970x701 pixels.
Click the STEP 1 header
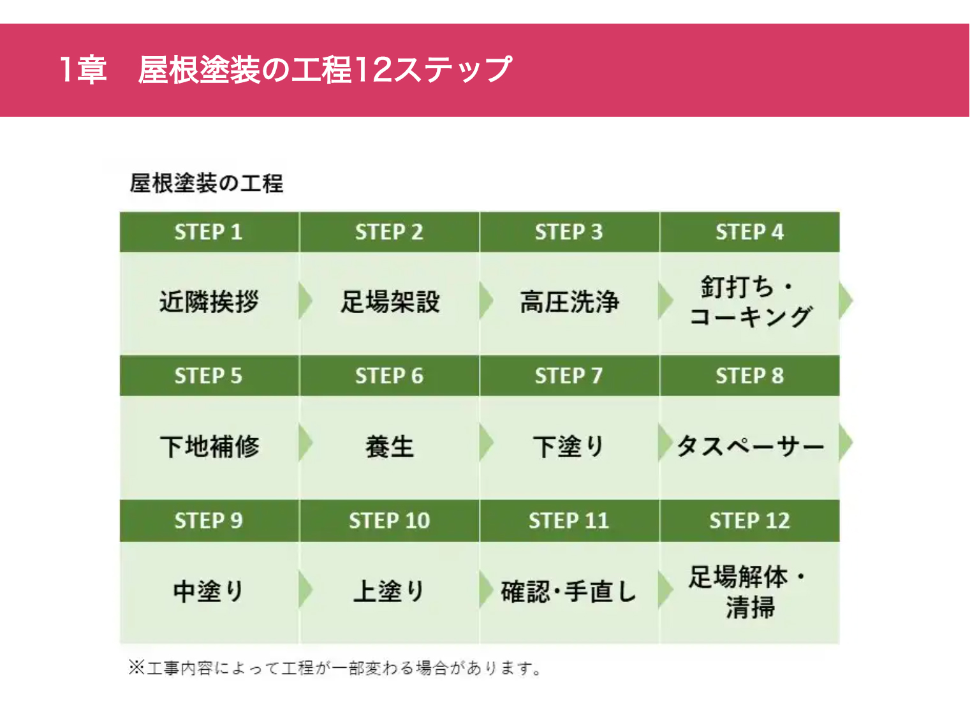(209, 232)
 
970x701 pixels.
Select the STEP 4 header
(749, 232)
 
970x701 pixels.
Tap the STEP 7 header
(569, 376)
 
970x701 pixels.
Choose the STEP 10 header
(389, 520)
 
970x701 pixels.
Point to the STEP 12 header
(749, 520)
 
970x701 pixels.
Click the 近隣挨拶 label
(209, 301)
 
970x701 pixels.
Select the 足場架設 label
(390, 301)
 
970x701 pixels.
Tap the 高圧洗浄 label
(570, 301)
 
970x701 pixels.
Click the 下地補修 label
(210, 446)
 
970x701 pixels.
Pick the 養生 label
(390, 446)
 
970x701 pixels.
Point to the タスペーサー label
(750, 446)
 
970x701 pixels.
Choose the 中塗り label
(209, 591)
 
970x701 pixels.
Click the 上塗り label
(388, 591)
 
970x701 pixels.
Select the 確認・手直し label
(569, 591)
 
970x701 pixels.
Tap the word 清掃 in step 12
(751, 607)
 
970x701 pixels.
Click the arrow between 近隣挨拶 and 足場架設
(305, 301)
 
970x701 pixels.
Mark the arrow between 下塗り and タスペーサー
(666, 443)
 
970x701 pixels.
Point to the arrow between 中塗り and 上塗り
(305, 589)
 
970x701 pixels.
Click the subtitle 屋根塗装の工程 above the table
(207, 183)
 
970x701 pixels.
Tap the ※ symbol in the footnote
(136, 667)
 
